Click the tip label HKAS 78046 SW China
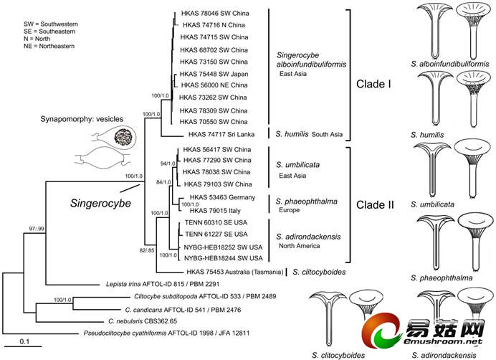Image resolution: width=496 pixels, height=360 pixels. pyautogui.click(x=214, y=12)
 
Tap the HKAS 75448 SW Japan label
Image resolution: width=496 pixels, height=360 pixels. pyautogui.click(x=214, y=72)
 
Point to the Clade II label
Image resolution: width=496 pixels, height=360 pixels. pyautogui.click(x=376, y=204)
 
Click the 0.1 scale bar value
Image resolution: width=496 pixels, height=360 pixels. pyautogui.click(x=24, y=340)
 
